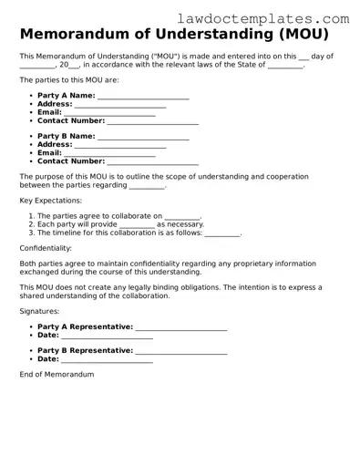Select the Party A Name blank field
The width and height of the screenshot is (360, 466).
click(143, 97)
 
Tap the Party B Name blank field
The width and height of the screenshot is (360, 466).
click(143, 137)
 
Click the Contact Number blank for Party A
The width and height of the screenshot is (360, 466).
click(152, 121)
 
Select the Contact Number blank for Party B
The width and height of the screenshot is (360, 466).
click(152, 161)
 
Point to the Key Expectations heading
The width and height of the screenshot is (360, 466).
click(50, 200)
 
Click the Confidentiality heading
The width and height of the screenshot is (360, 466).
click(46, 248)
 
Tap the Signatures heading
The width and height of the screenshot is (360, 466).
click(39, 311)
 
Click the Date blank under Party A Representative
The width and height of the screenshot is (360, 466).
click(107, 335)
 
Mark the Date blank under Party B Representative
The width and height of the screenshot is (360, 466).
click(107, 359)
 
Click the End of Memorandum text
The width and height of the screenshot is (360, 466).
click(57, 375)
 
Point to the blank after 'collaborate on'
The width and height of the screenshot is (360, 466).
click(182, 216)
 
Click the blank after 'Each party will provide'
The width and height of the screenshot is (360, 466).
click(137, 224)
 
